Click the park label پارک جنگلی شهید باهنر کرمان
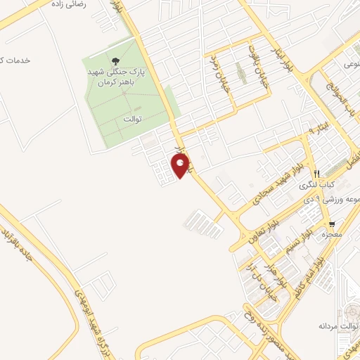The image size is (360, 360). [115, 77]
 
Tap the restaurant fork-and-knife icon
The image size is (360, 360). [318, 173]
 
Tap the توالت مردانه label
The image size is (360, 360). [334, 326]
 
